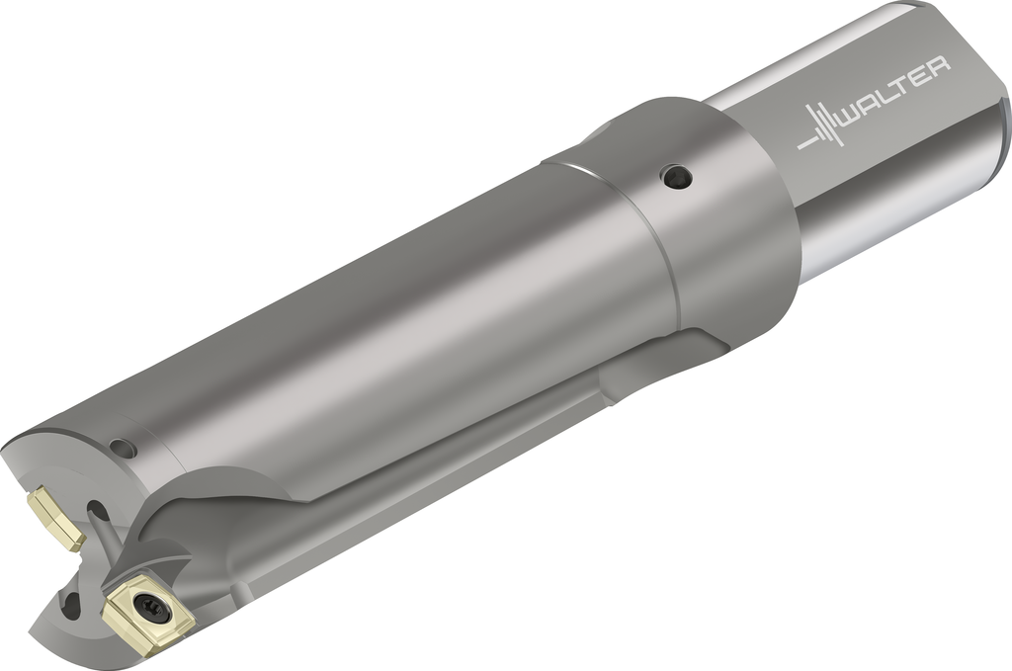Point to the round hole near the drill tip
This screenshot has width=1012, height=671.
coord(122,447)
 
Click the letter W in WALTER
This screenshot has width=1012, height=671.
coord(853,119)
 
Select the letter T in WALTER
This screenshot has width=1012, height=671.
coord(901,91)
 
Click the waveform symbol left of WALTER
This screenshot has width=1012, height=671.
coord(819,126)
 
